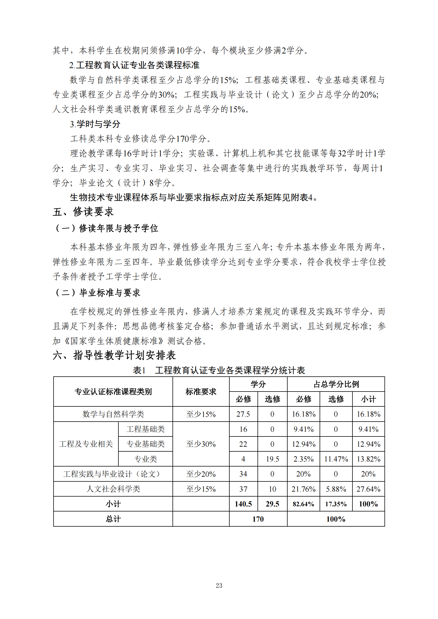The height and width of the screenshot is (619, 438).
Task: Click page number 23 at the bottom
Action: pos(219,585)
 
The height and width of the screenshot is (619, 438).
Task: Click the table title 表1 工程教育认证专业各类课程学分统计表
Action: pos(219,370)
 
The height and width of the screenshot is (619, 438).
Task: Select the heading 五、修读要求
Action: pos(83,212)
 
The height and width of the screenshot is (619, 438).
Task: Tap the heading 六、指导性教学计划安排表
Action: pos(114,355)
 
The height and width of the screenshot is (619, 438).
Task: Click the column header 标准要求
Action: pos(201,392)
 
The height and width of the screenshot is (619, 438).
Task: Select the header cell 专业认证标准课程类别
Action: pos(113,392)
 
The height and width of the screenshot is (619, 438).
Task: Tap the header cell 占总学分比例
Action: pos(336,384)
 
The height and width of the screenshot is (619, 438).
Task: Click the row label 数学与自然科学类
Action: pos(113,414)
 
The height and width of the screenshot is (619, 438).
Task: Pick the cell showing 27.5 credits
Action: pos(243,414)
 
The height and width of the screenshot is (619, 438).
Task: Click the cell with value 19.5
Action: pos(272,459)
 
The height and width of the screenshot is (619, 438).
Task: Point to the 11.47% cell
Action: pos(336,459)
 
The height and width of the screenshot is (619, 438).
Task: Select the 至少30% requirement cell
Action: pos(201,444)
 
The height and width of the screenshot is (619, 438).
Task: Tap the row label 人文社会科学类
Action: pos(113,489)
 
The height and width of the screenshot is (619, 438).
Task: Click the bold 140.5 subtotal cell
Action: pos(243,504)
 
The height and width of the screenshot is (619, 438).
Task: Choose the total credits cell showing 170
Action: pos(258,519)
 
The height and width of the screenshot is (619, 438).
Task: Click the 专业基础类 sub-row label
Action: pos(145,444)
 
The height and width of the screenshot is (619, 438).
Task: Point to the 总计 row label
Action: pos(113,519)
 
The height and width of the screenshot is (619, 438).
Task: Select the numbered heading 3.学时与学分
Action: pos(95,124)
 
